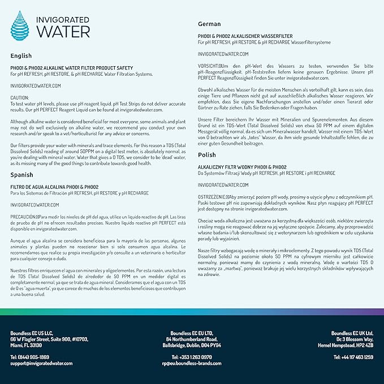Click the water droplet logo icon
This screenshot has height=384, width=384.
22,25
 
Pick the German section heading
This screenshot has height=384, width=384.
209,24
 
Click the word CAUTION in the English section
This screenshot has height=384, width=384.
20,97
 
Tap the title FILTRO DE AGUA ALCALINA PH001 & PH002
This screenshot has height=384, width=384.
55,187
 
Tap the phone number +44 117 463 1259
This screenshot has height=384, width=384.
353,357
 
